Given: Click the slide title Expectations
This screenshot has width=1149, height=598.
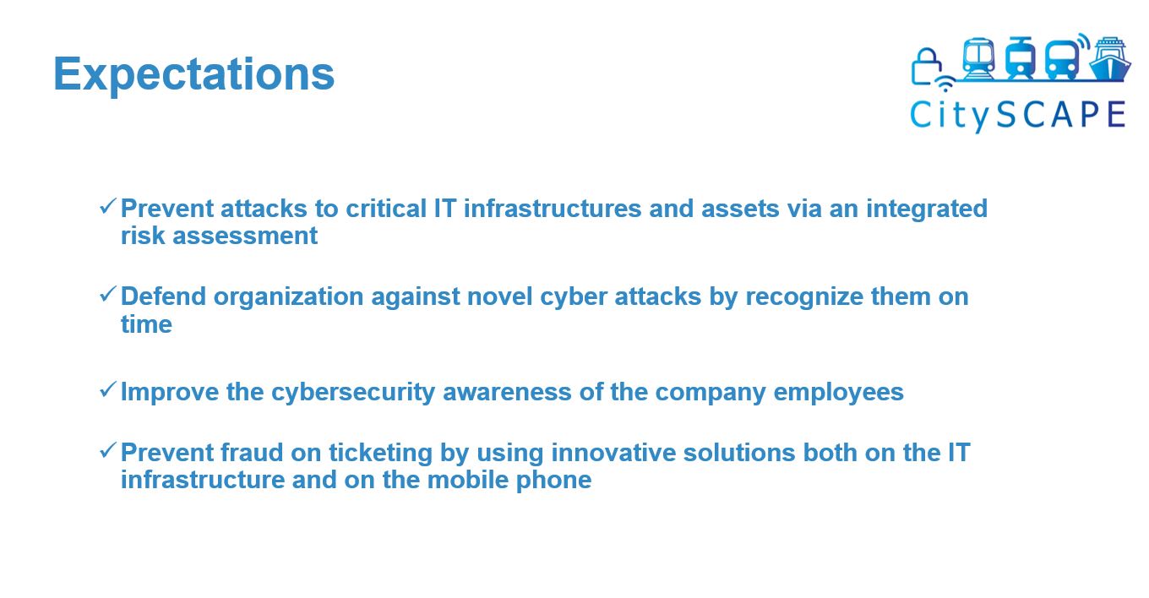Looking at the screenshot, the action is (x=194, y=74).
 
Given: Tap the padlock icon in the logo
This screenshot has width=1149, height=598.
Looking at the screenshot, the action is (x=926, y=67).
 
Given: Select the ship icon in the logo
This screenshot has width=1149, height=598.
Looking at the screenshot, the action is (x=1110, y=58).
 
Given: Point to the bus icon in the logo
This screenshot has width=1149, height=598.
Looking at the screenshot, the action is (x=1062, y=60).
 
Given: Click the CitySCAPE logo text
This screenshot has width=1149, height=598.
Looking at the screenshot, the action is (x=1018, y=115).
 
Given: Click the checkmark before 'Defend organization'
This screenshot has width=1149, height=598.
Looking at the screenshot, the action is (x=108, y=294).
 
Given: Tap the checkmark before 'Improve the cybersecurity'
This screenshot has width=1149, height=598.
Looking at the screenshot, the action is (x=108, y=389).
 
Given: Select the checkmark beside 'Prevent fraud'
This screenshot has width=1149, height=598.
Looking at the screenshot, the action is (x=108, y=450).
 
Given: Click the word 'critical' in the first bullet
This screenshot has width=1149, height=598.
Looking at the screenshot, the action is (x=386, y=209).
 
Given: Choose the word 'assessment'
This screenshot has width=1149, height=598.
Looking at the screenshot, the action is (x=245, y=236).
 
